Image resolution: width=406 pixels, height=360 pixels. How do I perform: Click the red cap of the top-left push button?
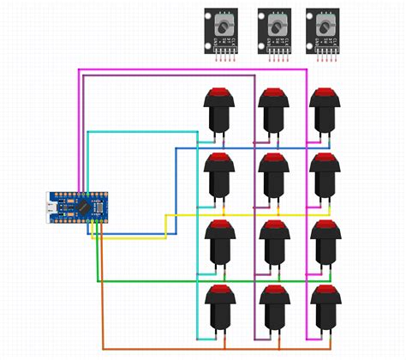[x=218, y=93]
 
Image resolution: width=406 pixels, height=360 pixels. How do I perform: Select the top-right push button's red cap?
[x=324, y=93]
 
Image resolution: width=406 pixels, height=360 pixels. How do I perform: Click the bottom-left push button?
[x=218, y=309]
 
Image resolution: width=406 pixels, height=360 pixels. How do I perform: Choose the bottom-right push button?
[x=324, y=309]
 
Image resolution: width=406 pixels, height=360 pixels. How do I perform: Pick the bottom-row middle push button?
[x=272, y=309]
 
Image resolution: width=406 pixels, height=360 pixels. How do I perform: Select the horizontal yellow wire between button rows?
[x=248, y=213]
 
